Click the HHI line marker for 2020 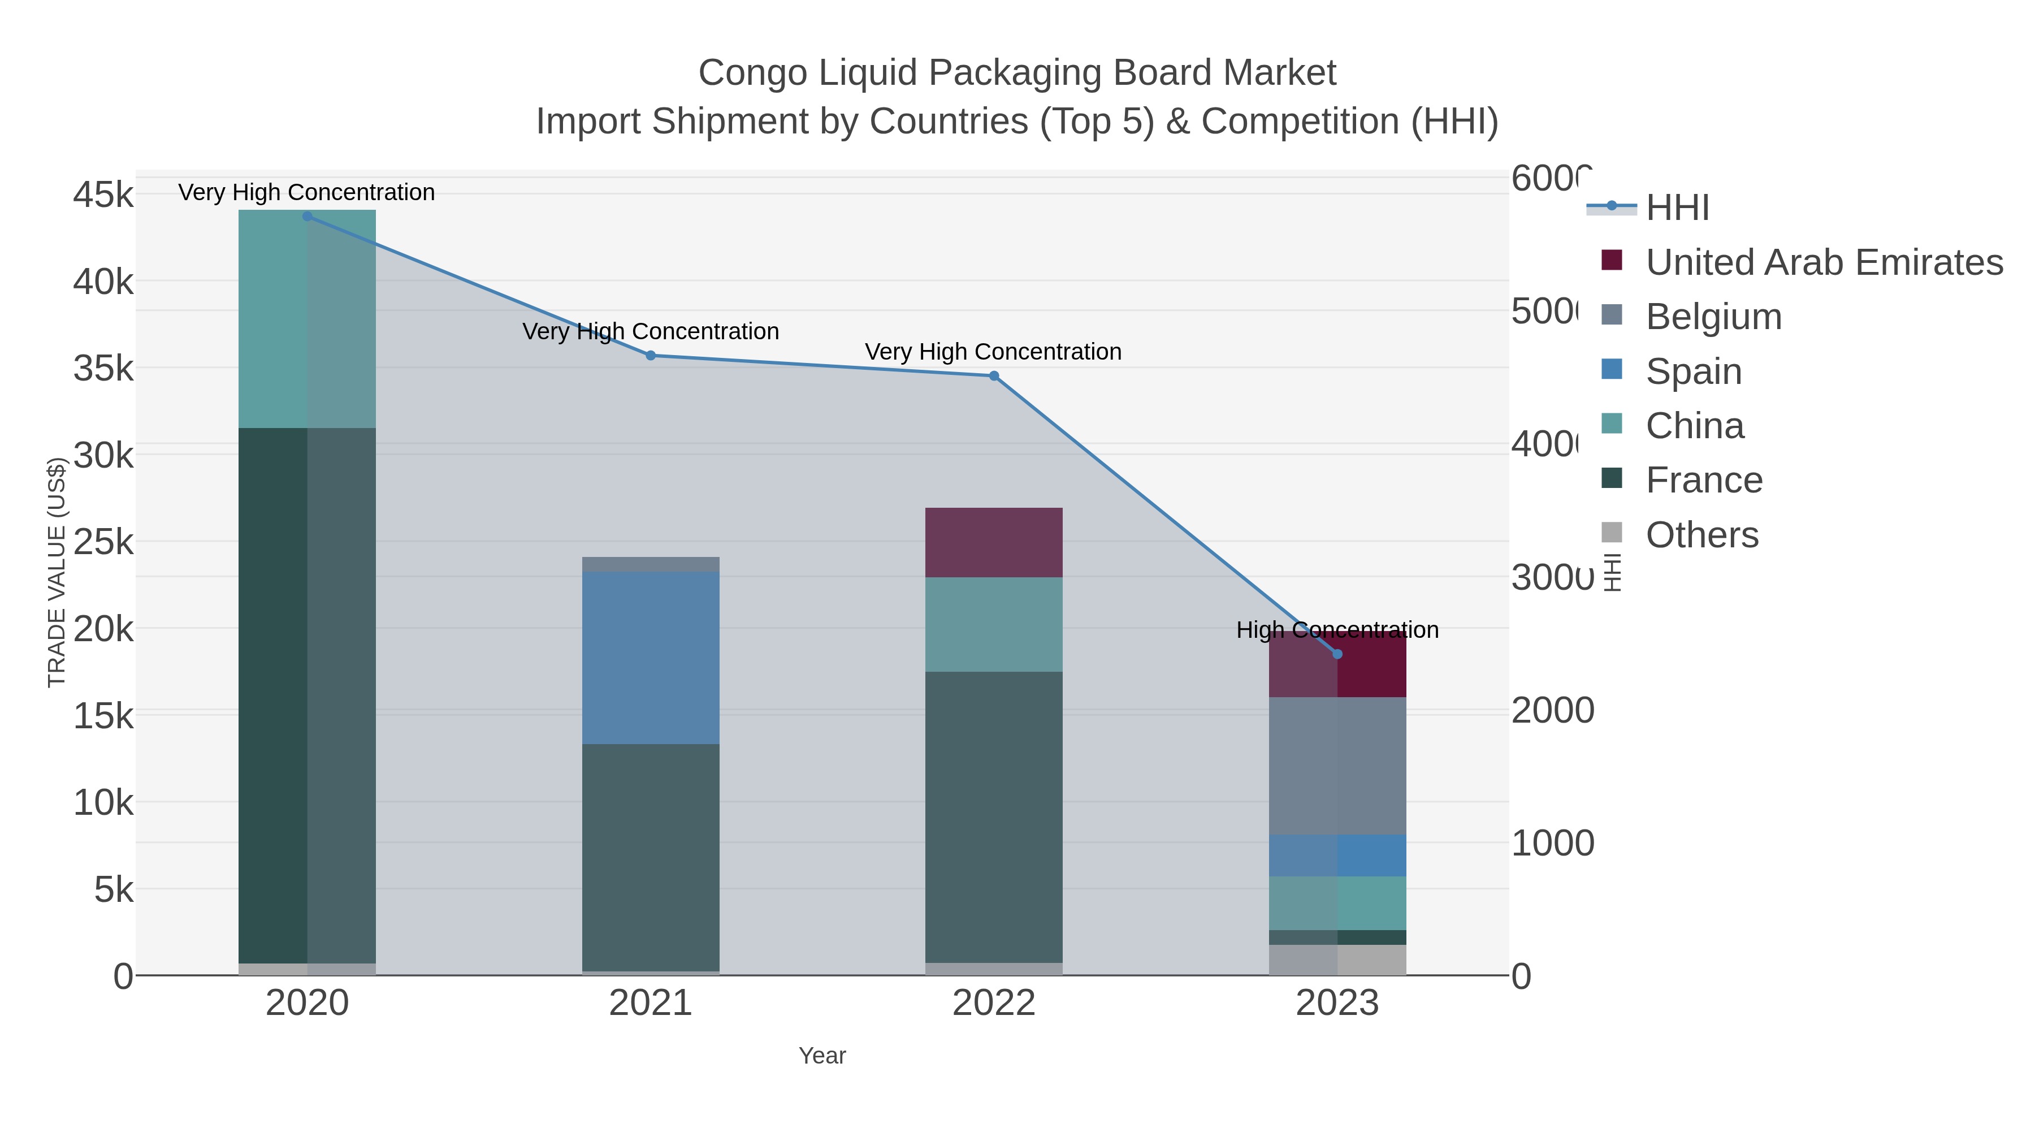[308, 216]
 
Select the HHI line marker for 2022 [994, 376]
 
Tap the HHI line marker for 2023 [1337, 654]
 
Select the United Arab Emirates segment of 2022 [994, 542]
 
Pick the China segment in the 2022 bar [994, 624]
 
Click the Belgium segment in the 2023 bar [1337, 765]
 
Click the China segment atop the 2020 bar [308, 318]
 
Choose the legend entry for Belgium [1713, 317]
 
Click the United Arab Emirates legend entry [1823, 262]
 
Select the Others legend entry [1701, 535]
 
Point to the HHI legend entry [1677, 208]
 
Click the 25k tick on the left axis [103, 542]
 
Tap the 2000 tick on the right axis [1552, 710]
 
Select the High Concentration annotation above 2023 [1337, 630]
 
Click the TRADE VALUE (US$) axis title [57, 572]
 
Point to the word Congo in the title [752, 73]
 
